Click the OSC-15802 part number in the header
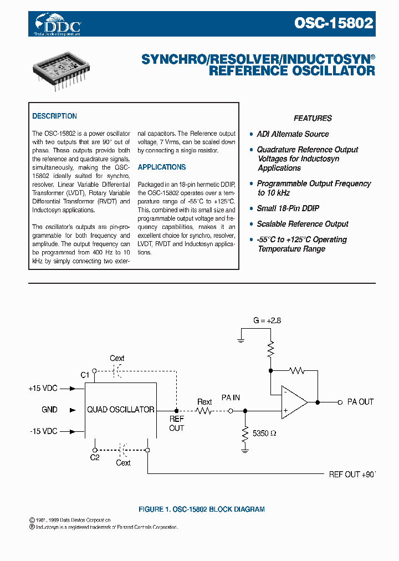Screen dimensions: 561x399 (x=333, y=23)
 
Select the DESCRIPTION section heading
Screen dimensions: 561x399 (x=54, y=116)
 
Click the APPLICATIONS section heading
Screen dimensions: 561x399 (x=162, y=167)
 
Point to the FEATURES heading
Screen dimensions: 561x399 (x=313, y=118)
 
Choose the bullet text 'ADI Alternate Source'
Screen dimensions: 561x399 (x=293, y=134)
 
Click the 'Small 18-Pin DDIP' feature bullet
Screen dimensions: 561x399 (x=288, y=208)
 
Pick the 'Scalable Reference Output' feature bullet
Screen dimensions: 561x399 (x=303, y=224)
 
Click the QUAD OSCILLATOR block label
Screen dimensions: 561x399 (x=120, y=410)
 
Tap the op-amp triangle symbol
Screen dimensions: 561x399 (x=293, y=401)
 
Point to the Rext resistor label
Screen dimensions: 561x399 (x=204, y=402)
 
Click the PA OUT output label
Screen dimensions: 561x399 (x=360, y=402)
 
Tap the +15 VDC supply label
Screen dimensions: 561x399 (x=43, y=389)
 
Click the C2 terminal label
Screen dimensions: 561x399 (x=95, y=458)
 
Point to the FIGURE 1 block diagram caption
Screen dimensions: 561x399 (x=201, y=509)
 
